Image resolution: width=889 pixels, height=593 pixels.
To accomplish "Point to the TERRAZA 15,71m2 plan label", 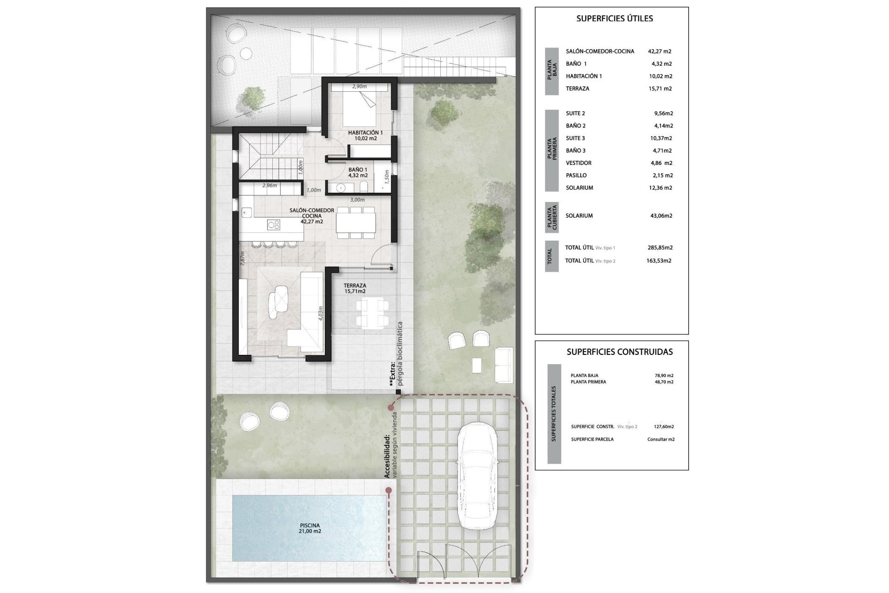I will pos(355,289).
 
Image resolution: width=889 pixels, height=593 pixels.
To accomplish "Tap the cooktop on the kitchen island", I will pos(274,225).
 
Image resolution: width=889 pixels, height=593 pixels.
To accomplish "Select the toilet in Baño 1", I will pos(364,187).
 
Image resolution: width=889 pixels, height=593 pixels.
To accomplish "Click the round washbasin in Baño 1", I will pos(341,188).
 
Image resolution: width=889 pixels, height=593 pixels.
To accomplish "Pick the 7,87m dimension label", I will pos(242,258).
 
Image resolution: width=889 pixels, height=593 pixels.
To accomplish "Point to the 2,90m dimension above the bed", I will pos(359,87).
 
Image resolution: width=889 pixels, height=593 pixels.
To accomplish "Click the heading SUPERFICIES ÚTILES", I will pos(614,19).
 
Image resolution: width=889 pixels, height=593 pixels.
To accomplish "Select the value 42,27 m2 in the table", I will pos(660,51).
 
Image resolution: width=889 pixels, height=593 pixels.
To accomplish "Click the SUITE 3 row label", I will pos(575,138).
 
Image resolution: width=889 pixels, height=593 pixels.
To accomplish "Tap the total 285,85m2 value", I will pos(660,247).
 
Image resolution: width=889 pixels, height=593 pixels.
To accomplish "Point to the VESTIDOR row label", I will pos(578,163).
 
